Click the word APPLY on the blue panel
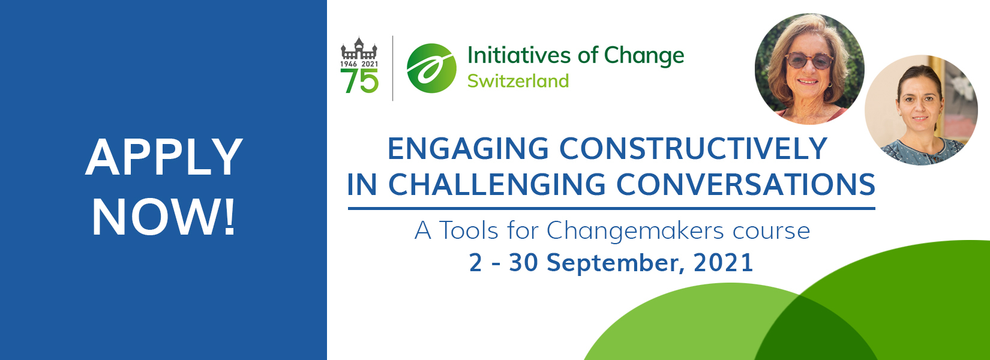[x=164, y=157]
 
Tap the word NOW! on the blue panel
[x=163, y=217]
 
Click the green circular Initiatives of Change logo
[x=431, y=68]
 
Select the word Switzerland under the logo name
[x=518, y=81]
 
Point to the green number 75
[x=359, y=81]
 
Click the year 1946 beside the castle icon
[x=349, y=64]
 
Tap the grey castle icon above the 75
[x=359, y=48]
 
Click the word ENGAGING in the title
[x=468, y=148]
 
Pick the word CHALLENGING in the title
[x=497, y=184]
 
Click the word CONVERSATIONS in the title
[x=746, y=184]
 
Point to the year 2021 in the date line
[x=724, y=262]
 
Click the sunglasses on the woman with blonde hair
[x=808, y=61]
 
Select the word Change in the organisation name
[x=644, y=56]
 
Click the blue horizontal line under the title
[x=611, y=208]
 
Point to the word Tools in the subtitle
[x=469, y=230]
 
